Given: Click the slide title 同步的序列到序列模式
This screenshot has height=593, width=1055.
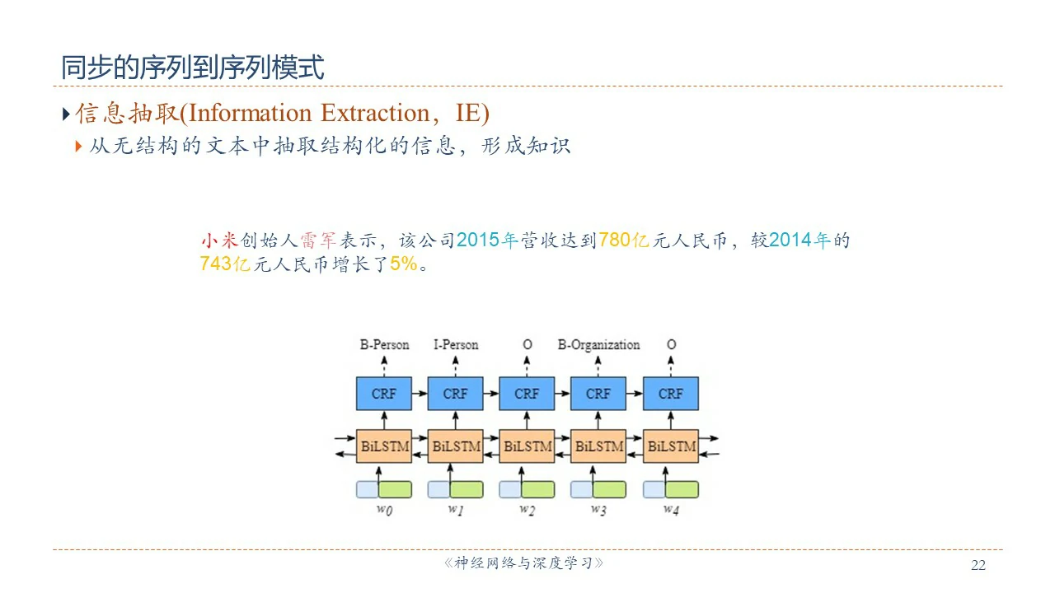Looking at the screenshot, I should (x=193, y=67).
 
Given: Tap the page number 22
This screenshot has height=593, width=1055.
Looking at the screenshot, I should (x=978, y=565).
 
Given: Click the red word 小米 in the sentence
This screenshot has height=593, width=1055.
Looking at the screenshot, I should (x=218, y=240).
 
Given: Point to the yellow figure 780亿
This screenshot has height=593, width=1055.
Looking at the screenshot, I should (x=625, y=240).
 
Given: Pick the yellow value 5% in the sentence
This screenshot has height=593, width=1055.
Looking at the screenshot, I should (x=404, y=265).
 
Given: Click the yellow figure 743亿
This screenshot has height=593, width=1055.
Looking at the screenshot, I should (x=225, y=265).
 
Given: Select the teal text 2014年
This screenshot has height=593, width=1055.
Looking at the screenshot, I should (x=800, y=240).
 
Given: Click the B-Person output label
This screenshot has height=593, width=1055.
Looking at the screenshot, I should (x=384, y=344).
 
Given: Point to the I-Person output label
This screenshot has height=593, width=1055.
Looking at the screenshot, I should (x=456, y=344).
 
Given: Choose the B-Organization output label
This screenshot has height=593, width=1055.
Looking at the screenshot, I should (x=598, y=344).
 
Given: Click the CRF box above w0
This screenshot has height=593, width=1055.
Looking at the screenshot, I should (x=384, y=394).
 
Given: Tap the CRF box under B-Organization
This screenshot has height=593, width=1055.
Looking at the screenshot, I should (x=598, y=394).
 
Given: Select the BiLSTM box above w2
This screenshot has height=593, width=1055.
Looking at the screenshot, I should (x=527, y=446).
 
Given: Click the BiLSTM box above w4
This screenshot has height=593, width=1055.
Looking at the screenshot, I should (x=671, y=446).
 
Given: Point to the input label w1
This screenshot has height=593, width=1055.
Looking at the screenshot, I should (x=456, y=510).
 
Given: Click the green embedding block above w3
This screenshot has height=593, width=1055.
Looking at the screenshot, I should (x=610, y=489).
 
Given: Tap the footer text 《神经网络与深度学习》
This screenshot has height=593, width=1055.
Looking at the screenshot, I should (x=524, y=564).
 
